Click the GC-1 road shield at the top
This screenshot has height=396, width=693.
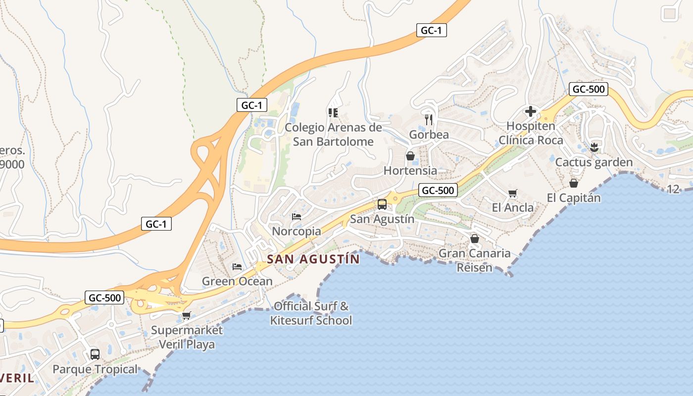pos(431,30)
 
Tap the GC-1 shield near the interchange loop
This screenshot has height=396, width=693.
pos(252,105)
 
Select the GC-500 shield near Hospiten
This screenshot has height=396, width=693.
pos(588,89)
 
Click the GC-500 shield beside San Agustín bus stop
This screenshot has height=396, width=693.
pos(438,190)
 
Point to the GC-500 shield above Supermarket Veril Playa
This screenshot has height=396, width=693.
pos(104,297)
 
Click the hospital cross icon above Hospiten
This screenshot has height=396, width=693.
pos(530,111)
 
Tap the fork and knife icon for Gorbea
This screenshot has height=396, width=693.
pos(429,119)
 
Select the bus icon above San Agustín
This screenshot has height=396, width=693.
pos(382,204)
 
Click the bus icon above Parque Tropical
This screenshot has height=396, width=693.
pos(95,354)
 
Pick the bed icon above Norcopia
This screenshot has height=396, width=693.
pos(297,216)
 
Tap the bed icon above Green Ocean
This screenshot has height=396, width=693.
pos(237,267)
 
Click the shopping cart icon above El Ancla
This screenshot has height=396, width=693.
pos(512,193)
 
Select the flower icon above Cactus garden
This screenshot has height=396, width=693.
pos(594,147)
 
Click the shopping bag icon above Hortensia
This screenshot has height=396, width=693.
pos(410,156)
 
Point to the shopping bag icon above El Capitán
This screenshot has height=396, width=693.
pos(573,183)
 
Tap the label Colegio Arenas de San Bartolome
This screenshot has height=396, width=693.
pos(333,135)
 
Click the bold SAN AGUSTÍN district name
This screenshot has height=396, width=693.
pos(313,259)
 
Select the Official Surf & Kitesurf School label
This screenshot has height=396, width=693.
pos(311,313)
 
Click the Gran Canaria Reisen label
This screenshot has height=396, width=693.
pos(475,260)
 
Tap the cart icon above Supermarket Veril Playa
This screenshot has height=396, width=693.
pos(187,315)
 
